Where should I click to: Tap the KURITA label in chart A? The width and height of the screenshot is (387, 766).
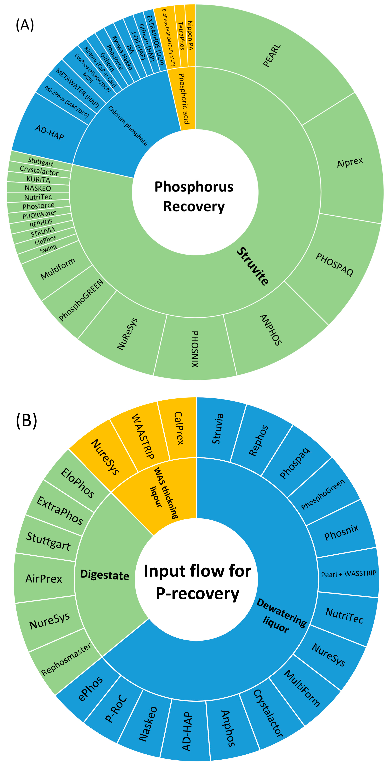click(x=38, y=179)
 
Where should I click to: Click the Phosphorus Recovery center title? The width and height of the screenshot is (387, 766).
click(x=194, y=196)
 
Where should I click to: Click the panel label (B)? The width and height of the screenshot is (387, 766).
click(x=26, y=421)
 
